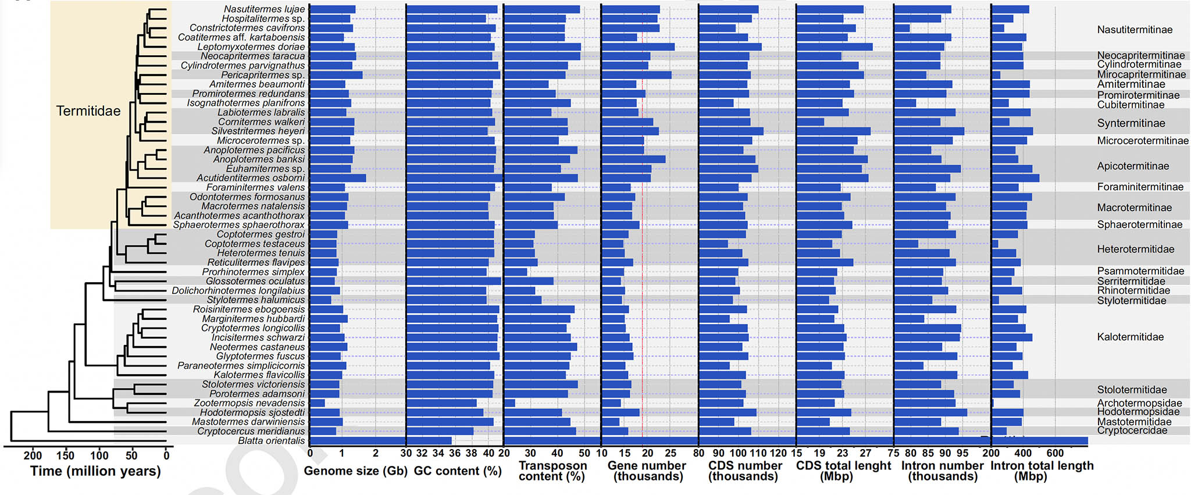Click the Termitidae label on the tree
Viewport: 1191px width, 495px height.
point(88,111)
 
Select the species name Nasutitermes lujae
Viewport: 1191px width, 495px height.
point(264,9)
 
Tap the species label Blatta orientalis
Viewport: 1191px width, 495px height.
point(271,440)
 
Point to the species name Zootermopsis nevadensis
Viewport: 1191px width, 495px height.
point(249,403)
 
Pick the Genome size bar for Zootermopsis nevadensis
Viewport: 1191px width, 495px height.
point(317,403)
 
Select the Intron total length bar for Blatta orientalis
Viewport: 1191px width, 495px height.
point(1039,440)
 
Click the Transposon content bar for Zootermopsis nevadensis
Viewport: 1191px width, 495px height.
point(509,403)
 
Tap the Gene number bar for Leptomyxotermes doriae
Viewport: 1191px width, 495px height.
point(638,47)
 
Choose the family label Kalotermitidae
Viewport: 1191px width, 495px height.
point(1130,337)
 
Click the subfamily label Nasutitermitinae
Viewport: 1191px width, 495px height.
point(1135,30)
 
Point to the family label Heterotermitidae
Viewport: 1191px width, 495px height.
point(1135,249)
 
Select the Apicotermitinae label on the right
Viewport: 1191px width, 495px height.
point(1133,166)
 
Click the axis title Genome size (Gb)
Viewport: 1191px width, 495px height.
point(355,471)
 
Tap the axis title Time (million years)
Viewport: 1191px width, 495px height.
point(95,471)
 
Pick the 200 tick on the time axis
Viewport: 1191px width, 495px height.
point(33,455)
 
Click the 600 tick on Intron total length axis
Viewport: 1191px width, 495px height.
point(1055,453)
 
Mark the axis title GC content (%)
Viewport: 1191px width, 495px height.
point(458,471)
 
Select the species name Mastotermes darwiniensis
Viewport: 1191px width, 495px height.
point(248,422)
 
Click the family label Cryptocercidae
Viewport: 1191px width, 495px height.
point(1132,430)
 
